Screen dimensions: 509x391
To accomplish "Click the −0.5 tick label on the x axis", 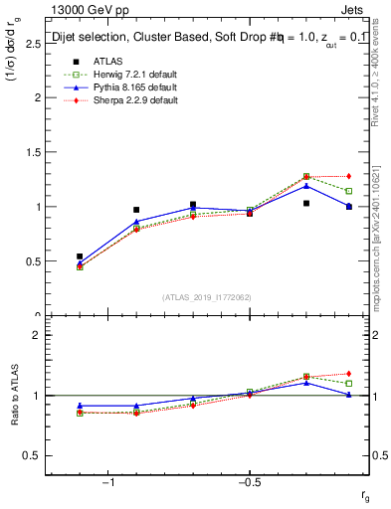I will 248,483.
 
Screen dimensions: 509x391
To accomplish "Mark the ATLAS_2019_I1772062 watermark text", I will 207,296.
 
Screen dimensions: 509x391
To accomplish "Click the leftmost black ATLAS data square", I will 80,256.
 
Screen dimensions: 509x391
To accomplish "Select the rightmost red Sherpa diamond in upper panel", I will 348,176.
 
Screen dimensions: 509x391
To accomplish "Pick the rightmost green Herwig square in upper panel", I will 348,191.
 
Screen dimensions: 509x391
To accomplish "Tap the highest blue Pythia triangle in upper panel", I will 306,186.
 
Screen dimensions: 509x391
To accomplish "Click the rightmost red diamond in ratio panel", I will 348,374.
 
